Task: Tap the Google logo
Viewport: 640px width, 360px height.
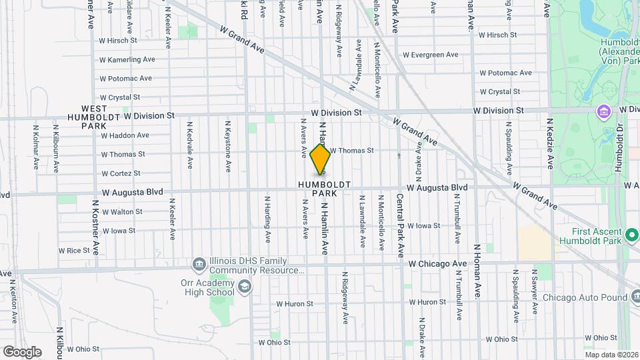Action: (22, 351)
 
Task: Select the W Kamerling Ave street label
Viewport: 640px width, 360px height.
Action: (127, 59)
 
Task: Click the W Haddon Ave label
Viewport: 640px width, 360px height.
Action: (125, 135)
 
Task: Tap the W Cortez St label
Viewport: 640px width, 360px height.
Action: (123, 173)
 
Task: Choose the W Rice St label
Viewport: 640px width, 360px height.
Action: (74, 251)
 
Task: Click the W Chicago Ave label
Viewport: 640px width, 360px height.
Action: (437, 264)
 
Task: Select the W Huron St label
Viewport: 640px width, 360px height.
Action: (295, 303)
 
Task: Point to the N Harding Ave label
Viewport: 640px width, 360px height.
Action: (268, 219)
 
